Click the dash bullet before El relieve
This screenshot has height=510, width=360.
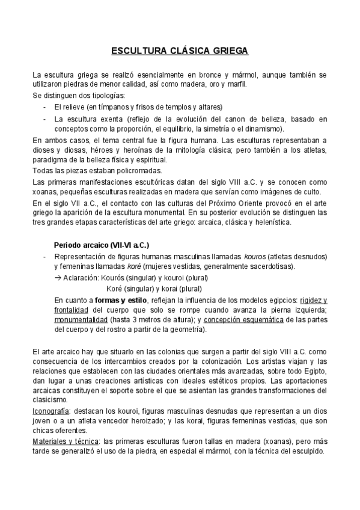coord(45,107)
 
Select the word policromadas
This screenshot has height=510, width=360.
coord(114,171)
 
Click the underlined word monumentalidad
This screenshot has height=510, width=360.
coord(78,321)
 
